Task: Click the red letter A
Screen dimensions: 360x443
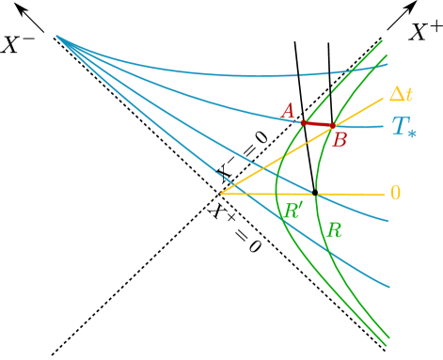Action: point(288,112)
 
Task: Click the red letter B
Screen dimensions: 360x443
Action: point(340,141)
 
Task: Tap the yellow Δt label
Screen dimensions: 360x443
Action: point(401,95)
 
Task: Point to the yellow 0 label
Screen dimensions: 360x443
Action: point(395,193)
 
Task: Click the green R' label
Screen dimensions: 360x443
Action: point(293,210)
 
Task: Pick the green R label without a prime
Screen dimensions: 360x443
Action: point(333,229)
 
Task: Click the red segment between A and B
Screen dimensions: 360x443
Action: point(317,124)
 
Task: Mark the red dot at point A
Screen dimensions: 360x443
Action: point(303,122)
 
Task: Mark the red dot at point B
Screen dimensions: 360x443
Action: point(332,126)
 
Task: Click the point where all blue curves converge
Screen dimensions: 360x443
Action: point(56,36)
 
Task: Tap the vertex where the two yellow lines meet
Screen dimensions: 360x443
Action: point(221,194)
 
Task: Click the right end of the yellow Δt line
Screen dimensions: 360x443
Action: point(383,98)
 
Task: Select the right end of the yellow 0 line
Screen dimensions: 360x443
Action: point(384,195)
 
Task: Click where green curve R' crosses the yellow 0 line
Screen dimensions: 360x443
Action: point(276,194)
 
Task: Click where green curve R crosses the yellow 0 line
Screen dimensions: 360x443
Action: point(315,194)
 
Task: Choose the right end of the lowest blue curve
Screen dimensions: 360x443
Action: point(389,287)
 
